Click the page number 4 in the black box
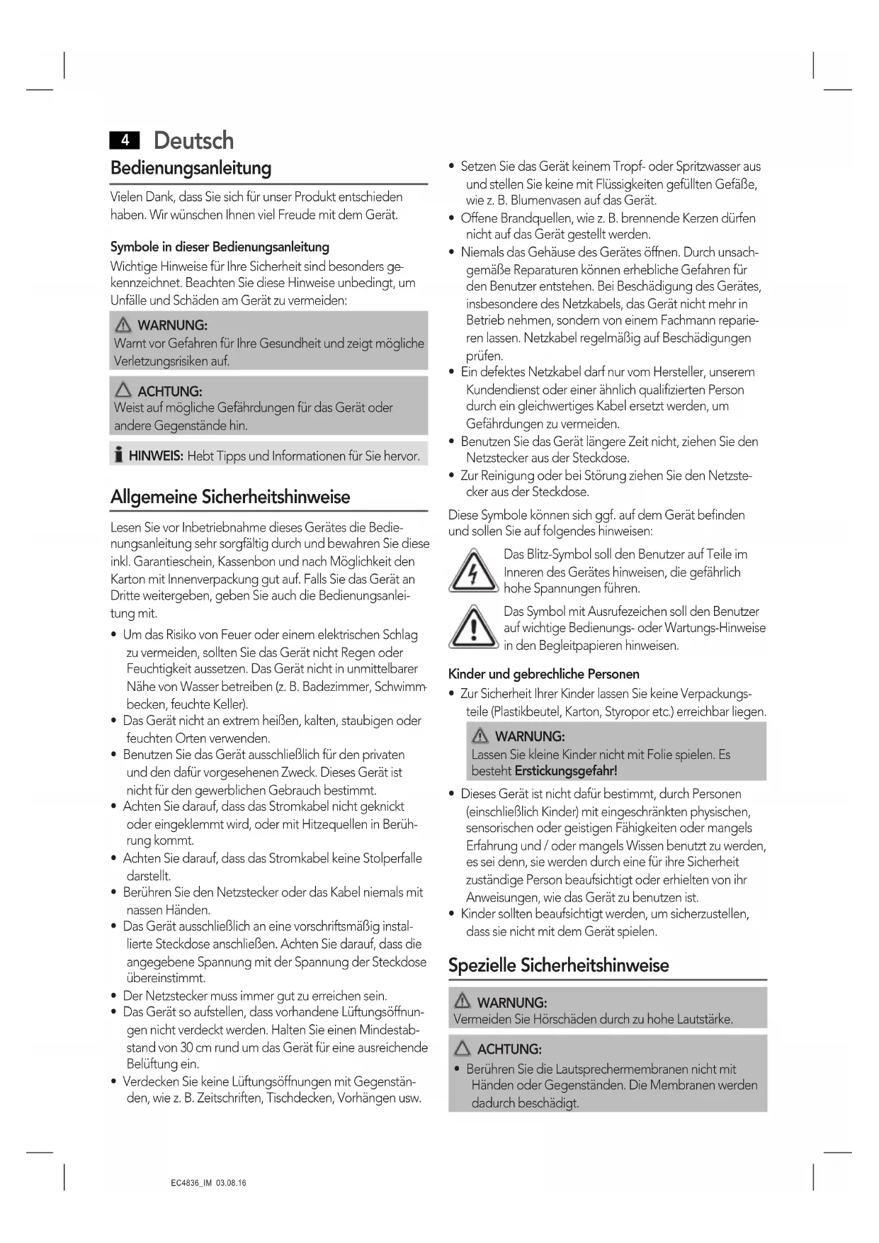(125, 140)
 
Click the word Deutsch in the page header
(193, 140)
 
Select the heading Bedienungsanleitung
(191, 169)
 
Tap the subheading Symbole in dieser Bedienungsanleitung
(220, 247)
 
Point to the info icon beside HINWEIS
(119, 455)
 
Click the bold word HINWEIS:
(156, 456)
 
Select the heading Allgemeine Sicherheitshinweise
(230, 497)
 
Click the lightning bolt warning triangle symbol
(472, 571)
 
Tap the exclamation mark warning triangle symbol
(472, 628)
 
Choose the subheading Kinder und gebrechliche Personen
(543, 674)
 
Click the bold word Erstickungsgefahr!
(566, 771)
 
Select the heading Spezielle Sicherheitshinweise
(558, 965)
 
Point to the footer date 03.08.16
(232, 1183)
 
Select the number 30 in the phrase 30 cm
(188, 1047)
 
